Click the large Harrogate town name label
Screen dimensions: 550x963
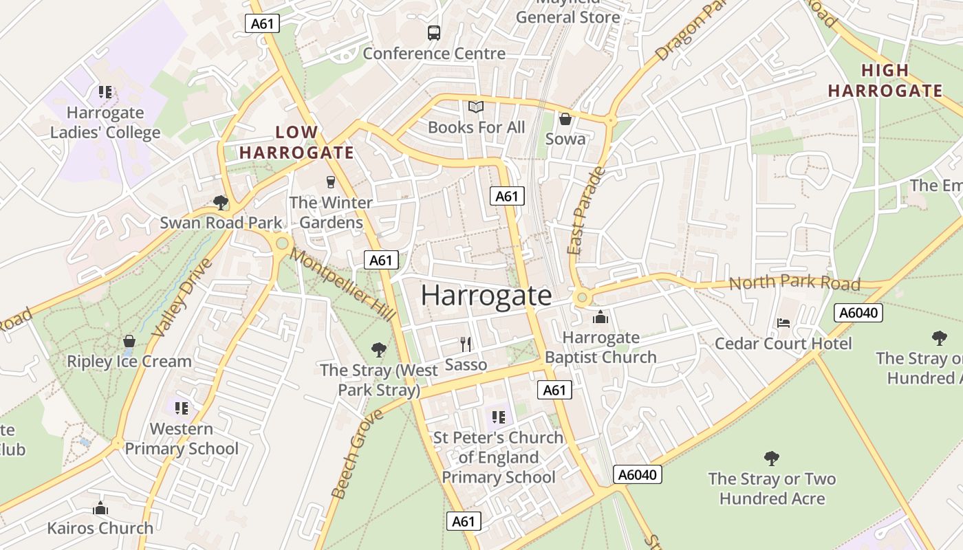[x=486, y=296]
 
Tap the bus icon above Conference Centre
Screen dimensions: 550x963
[x=433, y=32]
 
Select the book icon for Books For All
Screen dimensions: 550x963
[x=476, y=107]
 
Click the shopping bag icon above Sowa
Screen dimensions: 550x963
[x=565, y=119]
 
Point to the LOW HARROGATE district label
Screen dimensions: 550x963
[x=296, y=142]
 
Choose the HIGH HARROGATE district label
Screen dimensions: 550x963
[x=885, y=80]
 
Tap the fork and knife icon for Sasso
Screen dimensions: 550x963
[x=466, y=344]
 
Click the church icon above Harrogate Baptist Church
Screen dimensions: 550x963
[x=600, y=317]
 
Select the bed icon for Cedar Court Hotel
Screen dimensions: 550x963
[x=783, y=322]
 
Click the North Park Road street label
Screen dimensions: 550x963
[x=794, y=283]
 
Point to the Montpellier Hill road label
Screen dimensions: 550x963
[x=342, y=284]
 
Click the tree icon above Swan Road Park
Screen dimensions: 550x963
[x=221, y=202]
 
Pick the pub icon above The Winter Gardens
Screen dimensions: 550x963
[x=331, y=182]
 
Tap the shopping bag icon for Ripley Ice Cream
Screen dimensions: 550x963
[x=129, y=341]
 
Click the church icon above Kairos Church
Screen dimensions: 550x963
[x=100, y=509]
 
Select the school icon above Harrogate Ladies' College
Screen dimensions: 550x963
[x=105, y=92]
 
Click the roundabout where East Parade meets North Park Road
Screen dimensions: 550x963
[x=583, y=298]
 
